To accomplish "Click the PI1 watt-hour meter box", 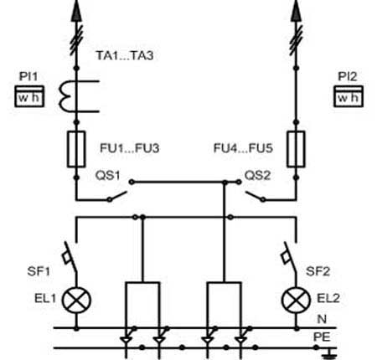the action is click(x=29, y=96).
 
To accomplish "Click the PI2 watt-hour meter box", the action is click(x=349, y=96).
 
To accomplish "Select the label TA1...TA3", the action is click(x=125, y=55).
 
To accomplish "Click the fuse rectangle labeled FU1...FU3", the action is click(x=76, y=149).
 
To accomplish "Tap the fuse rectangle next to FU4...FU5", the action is click(x=296, y=149).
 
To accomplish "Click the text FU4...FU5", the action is click(x=243, y=148).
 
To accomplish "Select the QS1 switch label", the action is click(x=107, y=176).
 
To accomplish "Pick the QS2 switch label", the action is click(x=257, y=176).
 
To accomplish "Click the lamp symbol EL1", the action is click(x=76, y=301).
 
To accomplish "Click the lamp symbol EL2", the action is click(x=296, y=301).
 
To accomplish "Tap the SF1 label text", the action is click(x=39, y=271).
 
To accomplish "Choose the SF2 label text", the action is click(x=318, y=271).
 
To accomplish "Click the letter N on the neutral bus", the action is click(x=322, y=319).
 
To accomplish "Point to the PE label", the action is click(x=322, y=337).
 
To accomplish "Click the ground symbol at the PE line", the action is click(x=329, y=353).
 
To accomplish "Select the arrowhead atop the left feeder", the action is click(x=76, y=11).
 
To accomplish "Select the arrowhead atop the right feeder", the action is click(x=296, y=11).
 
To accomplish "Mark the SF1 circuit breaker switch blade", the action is click(x=70, y=257).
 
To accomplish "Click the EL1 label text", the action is click(x=45, y=298).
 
